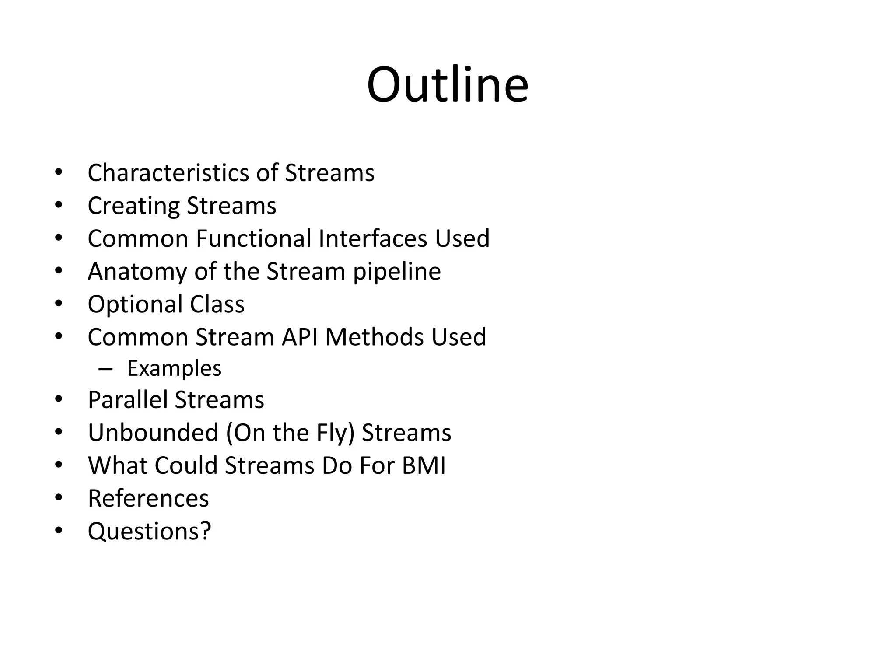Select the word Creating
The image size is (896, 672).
(x=133, y=206)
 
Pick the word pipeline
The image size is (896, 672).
(x=396, y=272)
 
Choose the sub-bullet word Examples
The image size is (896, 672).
(x=174, y=369)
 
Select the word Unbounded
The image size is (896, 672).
(x=153, y=433)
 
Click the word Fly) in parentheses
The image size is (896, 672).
(x=335, y=433)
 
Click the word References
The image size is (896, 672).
(x=148, y=498)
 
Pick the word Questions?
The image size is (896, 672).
(x=149, y=532)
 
